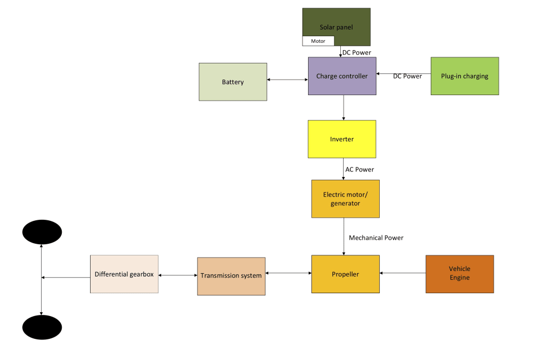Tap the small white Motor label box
pos(318,41)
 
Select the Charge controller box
pos(342,76)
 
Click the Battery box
pos(233,82)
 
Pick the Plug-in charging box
pos(464,76)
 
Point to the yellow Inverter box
pos(342,139)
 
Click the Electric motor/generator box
pos(345,199)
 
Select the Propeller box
pos(345,274)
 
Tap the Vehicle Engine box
pos(459,274)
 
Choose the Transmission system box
pos(231,276)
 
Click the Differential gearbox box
pos(124,274)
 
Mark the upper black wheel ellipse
pos(42,232)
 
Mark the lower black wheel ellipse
pos(42,327)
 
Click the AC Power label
pos(360,170)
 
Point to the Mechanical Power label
pos(376,238)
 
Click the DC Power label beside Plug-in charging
pos(408,76)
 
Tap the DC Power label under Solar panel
pos(356,53)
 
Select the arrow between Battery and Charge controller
pos(287,80)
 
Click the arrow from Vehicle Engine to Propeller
pos(403,273)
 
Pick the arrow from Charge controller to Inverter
pos(344,107)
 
